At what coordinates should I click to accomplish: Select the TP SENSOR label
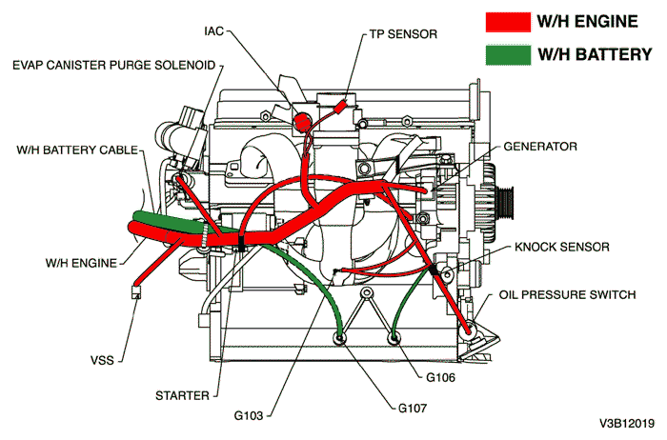(x=404, y=34)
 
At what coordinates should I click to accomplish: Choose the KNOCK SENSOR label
(x=562, y=247)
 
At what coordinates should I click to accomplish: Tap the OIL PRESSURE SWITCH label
(x=567, y=295)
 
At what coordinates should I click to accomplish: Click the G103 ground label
(x=251, y=416)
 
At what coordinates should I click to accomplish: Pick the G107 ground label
(x=418, y=410)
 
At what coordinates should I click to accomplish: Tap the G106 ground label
(x=445, y=378)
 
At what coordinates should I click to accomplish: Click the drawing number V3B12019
(x=628, y=422)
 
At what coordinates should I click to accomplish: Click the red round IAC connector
(x=303, y=122)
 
